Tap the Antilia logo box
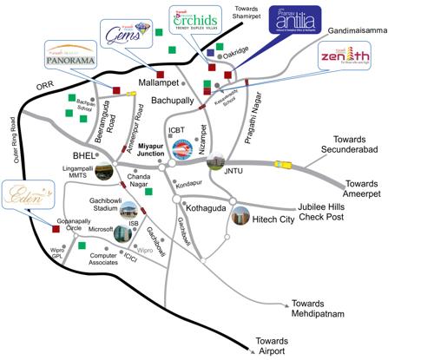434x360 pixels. click(285, 22)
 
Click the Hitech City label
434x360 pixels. click(278, 222)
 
